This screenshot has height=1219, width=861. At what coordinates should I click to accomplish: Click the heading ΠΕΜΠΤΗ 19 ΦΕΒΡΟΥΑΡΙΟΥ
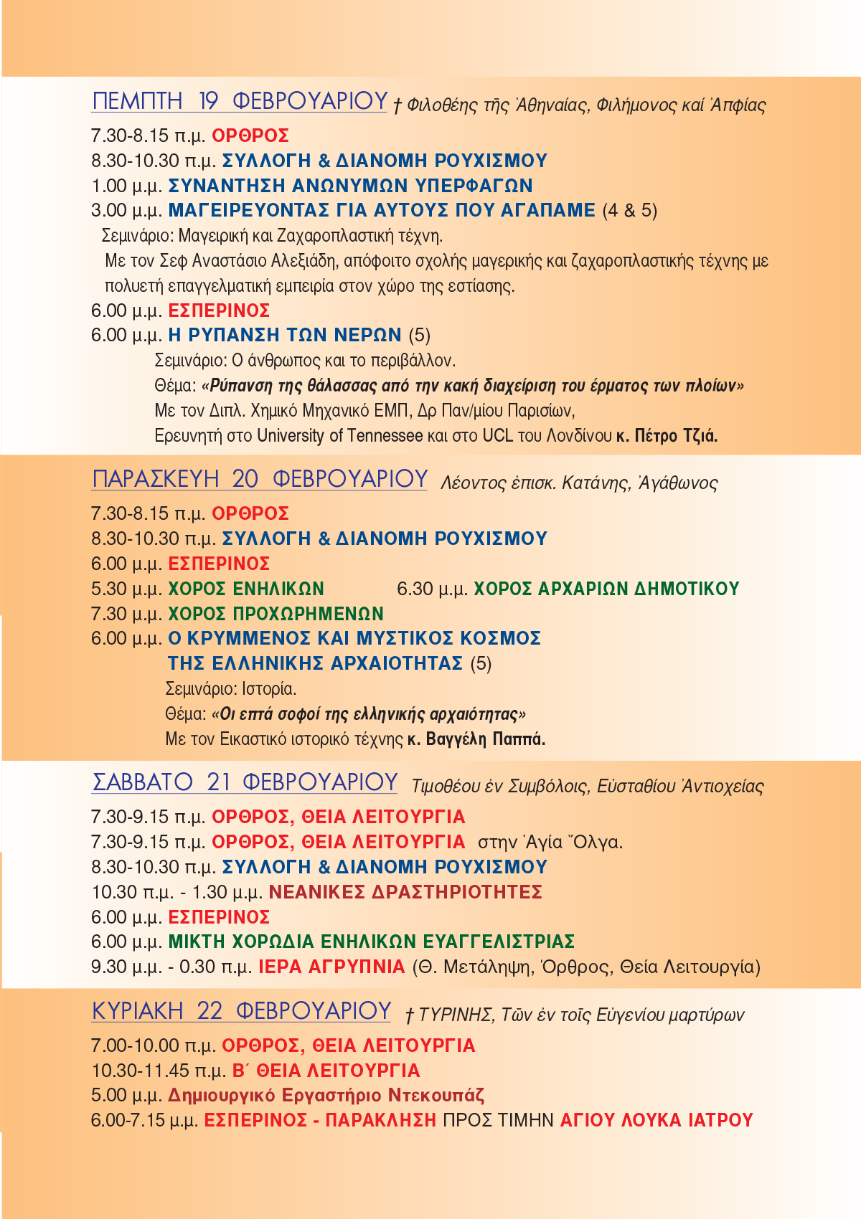click(x=240, y=101)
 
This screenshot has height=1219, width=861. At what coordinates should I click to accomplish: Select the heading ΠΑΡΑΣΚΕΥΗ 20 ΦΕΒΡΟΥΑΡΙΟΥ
click(x=260, y=479)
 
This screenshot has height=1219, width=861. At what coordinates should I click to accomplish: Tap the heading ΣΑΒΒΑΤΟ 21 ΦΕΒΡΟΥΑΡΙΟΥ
click(x=245, y=782)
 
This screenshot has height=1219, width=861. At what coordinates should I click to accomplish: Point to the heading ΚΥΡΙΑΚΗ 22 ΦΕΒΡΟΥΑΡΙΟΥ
click(x=241, y=1011)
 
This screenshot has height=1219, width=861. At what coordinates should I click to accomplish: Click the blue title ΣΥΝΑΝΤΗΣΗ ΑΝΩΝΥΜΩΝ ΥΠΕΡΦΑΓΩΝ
click(x=350, y=186)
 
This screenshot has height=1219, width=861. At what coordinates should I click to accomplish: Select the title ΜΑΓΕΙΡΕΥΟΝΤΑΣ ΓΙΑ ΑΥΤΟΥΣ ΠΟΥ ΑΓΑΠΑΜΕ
click(x=382, y=211)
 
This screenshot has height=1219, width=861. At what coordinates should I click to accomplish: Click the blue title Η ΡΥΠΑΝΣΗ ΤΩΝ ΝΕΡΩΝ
click(x=285, y=335)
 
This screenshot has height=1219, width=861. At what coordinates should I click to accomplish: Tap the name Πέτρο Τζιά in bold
click(x=676, y=435)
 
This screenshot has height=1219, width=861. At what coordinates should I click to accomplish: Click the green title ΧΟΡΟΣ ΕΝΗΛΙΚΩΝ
click(x=246, y=589)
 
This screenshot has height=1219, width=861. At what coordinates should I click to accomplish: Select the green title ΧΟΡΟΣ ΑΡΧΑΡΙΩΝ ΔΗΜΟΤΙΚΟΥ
click(x=606, y=589)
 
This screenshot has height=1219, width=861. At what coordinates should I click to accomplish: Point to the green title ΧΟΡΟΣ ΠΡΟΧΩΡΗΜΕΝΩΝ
click(x=276, y=614)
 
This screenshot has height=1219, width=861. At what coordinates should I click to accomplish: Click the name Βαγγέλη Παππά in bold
click(x=486, y=739)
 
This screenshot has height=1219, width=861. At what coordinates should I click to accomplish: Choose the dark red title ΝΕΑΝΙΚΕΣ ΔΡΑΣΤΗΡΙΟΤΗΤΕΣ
click(x=405, y=892)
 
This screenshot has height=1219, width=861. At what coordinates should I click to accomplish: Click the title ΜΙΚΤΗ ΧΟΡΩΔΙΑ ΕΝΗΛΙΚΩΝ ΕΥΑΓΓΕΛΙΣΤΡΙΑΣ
click(x=372, y=941)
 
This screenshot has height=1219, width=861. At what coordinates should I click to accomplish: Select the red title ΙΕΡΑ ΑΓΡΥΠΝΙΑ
click(x=331, y=967)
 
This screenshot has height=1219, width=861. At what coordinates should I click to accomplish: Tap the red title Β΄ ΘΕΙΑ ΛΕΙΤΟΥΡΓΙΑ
click(x=326, y=1071)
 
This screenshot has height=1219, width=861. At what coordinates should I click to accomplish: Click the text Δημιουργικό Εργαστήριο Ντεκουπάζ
click(x=326, y=1096)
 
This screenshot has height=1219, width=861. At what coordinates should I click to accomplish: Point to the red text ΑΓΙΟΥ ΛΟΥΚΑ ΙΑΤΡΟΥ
click(x=657, y=1120)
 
